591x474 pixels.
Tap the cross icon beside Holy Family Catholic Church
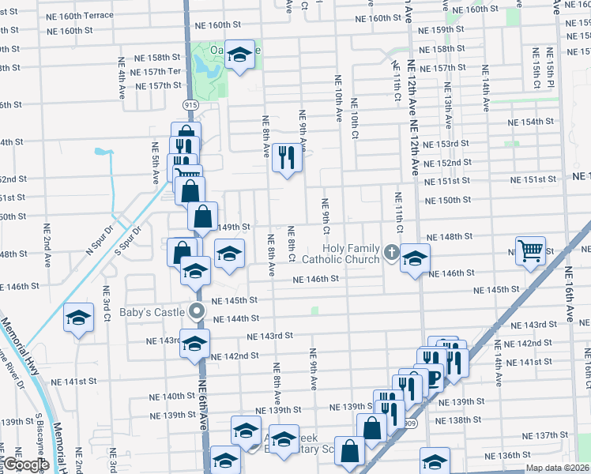tap(392, 254)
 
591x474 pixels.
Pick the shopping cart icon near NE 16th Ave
tap(530, 250)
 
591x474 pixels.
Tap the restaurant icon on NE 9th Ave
tap(288, 157)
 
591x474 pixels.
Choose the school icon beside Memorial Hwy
tap(78, 318)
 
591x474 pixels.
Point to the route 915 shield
tap(190, 105)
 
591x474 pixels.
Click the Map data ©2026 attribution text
tap(556, 467)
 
